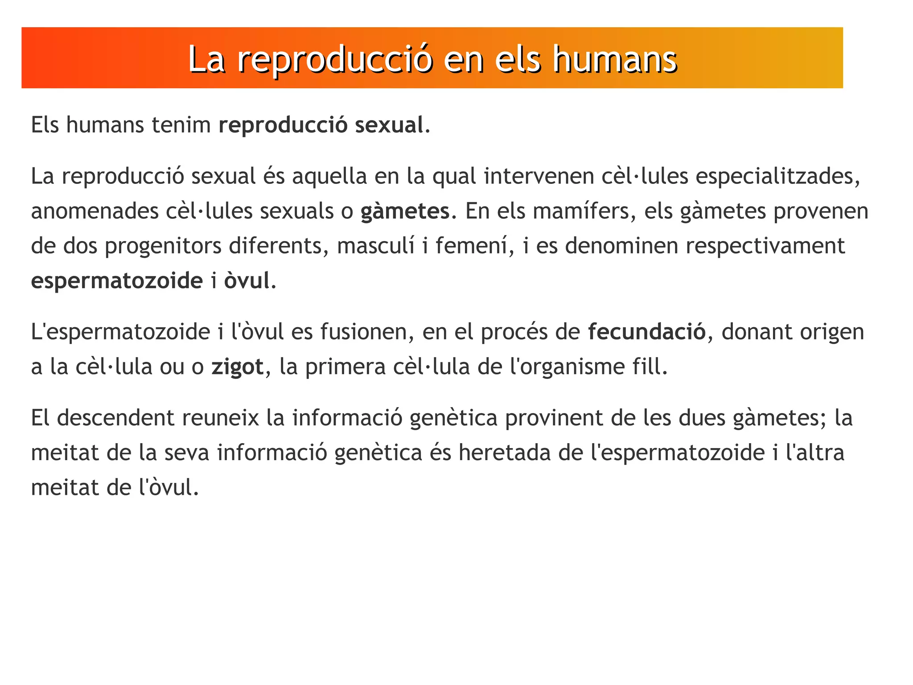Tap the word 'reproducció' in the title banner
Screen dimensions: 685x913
coord(334,59)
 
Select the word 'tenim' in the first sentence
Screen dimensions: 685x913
coord(181,125)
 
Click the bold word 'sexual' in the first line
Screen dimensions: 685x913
coord(389,125)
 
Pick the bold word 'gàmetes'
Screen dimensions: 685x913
coord(405,211)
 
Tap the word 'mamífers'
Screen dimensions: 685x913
coord(584,211)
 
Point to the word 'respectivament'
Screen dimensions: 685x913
coord(765,246)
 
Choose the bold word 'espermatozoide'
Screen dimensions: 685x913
coord(117,281)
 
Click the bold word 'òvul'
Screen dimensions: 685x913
coord(247,281)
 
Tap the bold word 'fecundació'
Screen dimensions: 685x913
coord(647,332)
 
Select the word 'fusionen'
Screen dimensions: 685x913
coord(367,332)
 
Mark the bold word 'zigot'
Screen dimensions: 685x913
coord(238,367)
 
